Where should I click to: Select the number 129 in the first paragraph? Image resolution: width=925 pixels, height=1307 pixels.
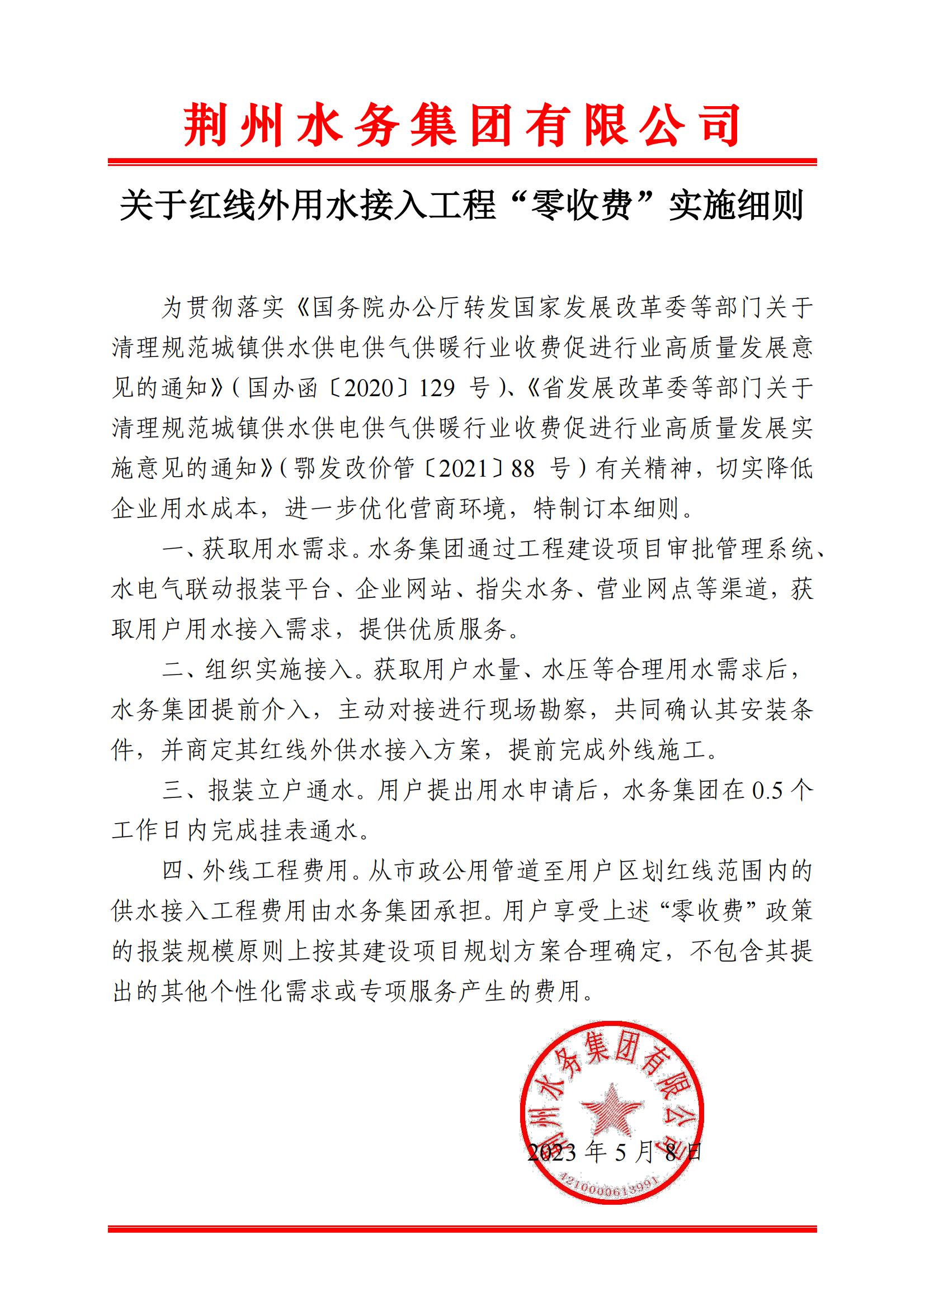tap(437, 389)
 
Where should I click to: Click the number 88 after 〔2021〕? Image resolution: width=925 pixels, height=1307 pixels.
tap(523, 468)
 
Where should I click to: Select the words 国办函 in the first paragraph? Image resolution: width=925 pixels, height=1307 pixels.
tap(282, 389)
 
